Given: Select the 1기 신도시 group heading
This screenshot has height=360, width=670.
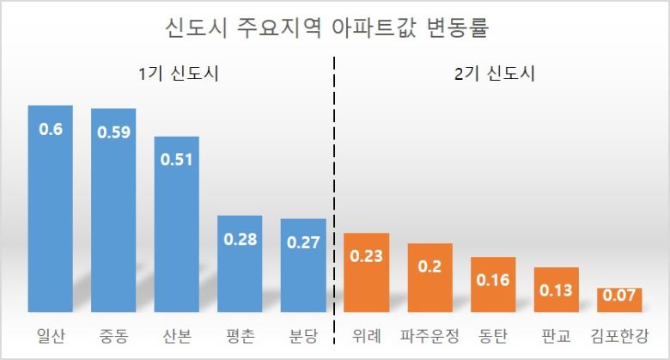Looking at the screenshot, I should coord(178,74).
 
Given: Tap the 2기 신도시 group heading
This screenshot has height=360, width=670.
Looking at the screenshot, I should coord(494,74).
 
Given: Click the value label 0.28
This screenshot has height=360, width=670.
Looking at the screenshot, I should coord(240,239).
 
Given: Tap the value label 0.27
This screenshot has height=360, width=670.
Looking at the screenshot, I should coord(303,242).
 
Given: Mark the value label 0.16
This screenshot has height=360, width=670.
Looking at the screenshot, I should coord(493,280).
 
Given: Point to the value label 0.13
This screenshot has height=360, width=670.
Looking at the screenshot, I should coord(556,290).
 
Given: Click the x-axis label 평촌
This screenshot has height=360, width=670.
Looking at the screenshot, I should coord(240,335).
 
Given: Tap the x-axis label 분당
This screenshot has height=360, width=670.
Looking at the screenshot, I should coord(303,335).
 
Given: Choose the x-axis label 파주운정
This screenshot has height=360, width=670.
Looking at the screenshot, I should coord(429,335).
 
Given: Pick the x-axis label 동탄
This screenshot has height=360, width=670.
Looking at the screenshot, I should coord(493,335).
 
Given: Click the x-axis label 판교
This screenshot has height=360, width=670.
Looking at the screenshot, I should coord(556,335).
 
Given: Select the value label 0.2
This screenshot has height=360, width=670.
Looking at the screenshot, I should coord(429,266).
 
